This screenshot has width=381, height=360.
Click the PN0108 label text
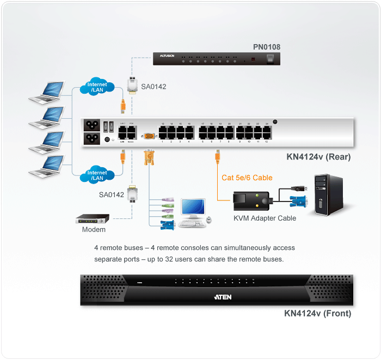[x=266, y=47]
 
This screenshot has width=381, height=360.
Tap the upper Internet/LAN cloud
[x=97, y=87]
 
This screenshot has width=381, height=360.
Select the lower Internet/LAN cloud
[x=97, y=175]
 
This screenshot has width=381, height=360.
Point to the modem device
[x=93, y=219]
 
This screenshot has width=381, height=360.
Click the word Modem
[x=94, y=230]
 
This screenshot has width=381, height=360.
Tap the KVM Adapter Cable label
[x=265, y=218]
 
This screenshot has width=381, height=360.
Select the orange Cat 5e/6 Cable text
[x=247, y=178]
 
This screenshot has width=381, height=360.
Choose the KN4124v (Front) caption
[x=317, y=314]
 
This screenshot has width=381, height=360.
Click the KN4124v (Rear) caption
[x=318, y=157]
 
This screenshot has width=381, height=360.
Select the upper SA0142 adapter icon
[x=131, y=86]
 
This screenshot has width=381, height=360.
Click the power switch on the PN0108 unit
[x=270, y=57]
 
